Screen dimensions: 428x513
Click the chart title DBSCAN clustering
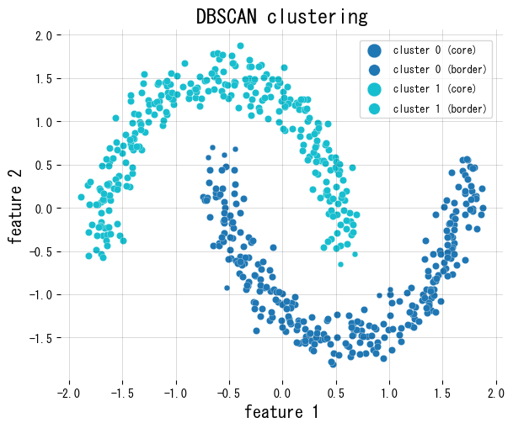[281, 16]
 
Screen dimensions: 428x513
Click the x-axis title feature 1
[281, 411]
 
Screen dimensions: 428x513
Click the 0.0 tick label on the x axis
[282, 392]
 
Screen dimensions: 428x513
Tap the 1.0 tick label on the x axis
[389, 392]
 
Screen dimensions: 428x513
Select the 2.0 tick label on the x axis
[496, 392]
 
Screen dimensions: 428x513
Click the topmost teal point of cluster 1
[240, 46]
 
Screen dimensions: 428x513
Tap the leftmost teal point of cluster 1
[82, 198]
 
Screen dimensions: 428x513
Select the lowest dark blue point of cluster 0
[334, 364]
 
